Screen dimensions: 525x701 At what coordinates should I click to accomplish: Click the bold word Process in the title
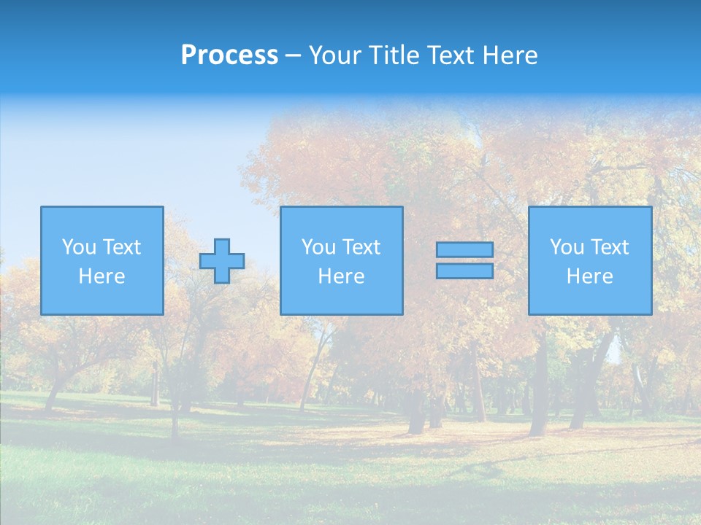[x=229, y=55]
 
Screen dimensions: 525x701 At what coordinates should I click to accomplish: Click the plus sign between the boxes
[x=222, y=261]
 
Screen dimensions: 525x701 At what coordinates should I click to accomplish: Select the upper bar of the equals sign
[x=464, y=250]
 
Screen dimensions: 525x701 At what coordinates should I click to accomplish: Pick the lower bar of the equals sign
[x=464, y=271]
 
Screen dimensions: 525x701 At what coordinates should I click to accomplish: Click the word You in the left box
[x=79, y=247]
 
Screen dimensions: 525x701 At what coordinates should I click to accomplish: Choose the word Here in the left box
[x=101, y=276]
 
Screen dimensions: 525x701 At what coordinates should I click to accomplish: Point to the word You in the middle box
[x=318, y=247]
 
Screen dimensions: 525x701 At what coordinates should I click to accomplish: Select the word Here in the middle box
[x=341, y=276]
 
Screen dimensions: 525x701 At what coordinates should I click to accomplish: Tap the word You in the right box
[x=567, y=247]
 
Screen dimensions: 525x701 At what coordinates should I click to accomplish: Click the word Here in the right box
[x=589, y=276]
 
